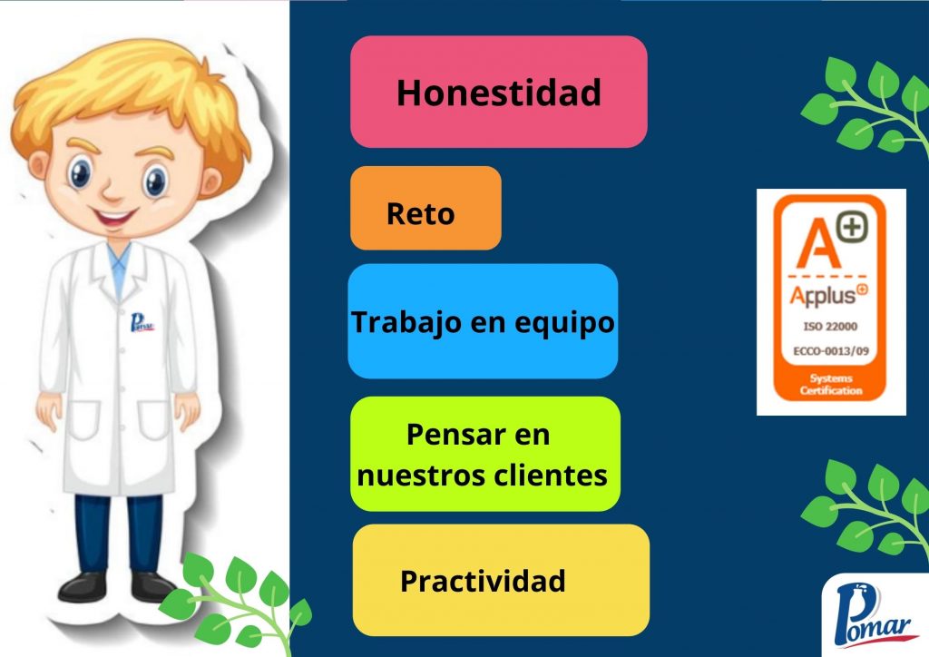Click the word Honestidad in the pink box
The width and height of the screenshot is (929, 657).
point(499,93)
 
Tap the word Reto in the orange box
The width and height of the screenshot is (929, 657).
point(421,214)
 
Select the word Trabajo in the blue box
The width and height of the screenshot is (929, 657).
point(407,323)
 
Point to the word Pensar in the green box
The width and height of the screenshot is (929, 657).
point(450,435)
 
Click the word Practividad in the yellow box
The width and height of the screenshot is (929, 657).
point(483,581)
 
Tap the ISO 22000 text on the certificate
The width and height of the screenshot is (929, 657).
point(830,327)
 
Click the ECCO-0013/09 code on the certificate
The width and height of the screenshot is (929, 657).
point(831,351)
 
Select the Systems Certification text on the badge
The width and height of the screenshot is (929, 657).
point(831,385)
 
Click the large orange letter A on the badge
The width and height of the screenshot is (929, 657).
point(817,243)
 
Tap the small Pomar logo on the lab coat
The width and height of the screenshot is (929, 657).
point(142,323)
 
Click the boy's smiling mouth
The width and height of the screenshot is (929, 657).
point(114,218)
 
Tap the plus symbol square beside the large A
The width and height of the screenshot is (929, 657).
point(852,227)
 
